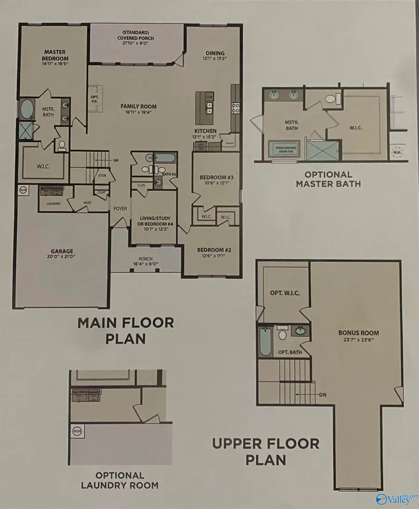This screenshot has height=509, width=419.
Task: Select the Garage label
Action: pos(62,251)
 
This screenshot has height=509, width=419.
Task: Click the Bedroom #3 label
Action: pos(213,177)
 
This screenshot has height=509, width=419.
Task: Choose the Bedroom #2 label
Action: pos(211,250)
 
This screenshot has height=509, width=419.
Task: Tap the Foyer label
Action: pos(120,209)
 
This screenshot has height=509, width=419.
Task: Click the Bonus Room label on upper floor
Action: pos(358,333)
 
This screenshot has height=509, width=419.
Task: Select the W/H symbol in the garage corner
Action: pos(23,190)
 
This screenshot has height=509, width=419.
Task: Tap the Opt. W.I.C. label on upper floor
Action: pos(284,293)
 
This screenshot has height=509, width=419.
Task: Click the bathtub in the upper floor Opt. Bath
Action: pos(265,343)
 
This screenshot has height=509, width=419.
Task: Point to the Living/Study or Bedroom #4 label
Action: pos(153,222)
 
